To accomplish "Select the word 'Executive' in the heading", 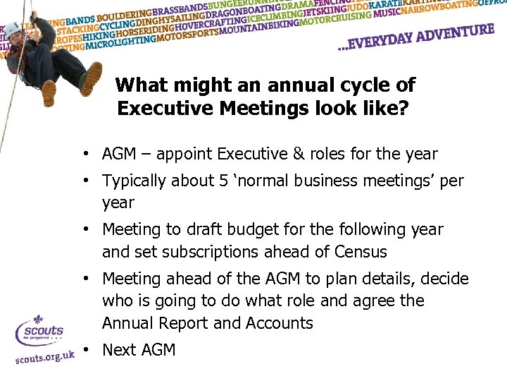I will tap(162, 109).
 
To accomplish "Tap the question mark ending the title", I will tap(404, 109).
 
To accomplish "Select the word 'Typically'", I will tap(137, 181).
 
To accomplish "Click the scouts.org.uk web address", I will tap(45, 356).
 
